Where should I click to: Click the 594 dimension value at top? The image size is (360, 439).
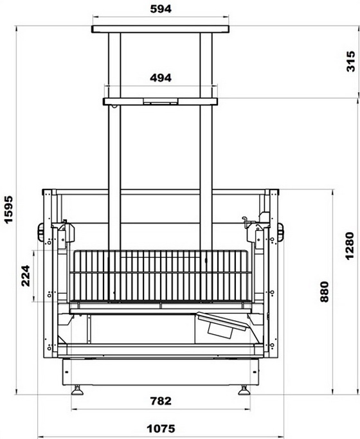click(161, 9)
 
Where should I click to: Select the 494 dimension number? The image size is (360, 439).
click(161, 78)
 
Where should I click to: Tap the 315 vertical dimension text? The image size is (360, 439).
click(350, 61)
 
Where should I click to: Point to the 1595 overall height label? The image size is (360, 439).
click(8, 210)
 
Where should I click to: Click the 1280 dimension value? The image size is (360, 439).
click(350, 246)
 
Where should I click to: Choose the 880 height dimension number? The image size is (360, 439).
click(324, 292)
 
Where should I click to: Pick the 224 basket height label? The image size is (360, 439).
click(26, 276)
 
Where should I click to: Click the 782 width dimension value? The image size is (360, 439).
click(161, 401)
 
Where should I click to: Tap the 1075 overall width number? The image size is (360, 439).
click(161, 428)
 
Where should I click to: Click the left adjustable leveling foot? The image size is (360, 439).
click(77, 390)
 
